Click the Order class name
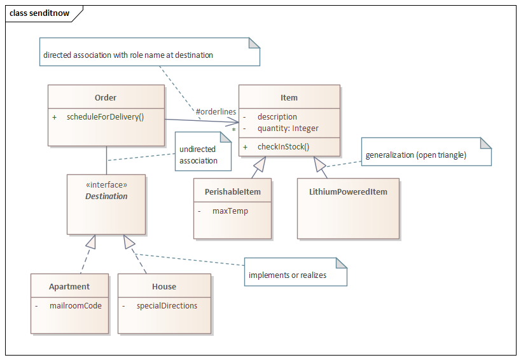pyautogui.click(x=106, y=97)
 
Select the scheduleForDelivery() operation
pyautogui.click(x=105, y=117)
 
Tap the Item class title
pyautogui.click(x=289, y=97)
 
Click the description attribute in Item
pyautogui.click(x=277, y=117)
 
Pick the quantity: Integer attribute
pyautogui.click(x=288, y=128)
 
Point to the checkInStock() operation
pyautogui.click(x=283, y=147)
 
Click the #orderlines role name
pyautogui.click(x=216, y=112)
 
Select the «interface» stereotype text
pyautogui.click(x=106, y=185)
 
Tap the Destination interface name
pyautogui.click(x=106, y=196)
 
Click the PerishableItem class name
pyautogui.click(x=233, y=191)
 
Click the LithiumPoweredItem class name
pyautogui.click(x=348, y=191)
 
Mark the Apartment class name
pyautogui.click(x=69, y=286)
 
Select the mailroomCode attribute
pyautogui.click(x=75, y=305)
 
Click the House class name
pyautogui.click(x=164, y=286)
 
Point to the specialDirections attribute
pyautogui.click(x=167, y=305)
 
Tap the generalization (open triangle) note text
pyautogui.click(x=415, y=155)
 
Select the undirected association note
pyautogui.click(x=198, y=155)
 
